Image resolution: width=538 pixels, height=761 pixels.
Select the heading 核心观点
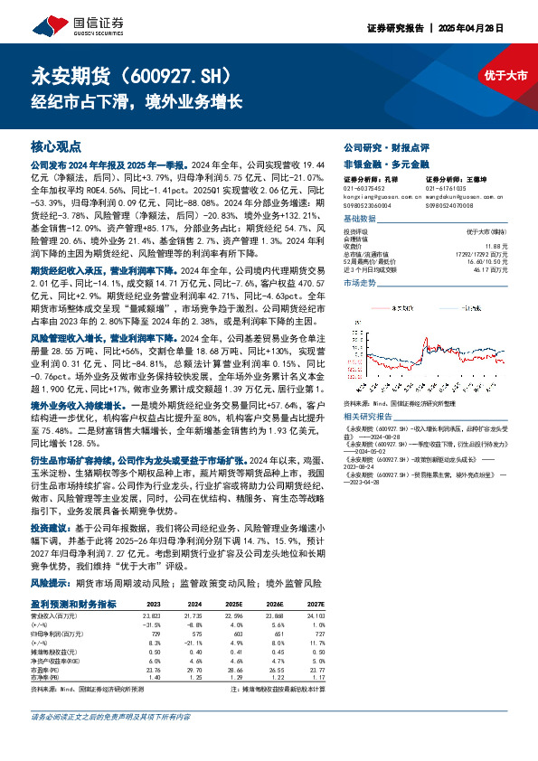tap(57, 146)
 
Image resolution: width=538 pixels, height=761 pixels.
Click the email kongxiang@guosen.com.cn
tap(376, 194)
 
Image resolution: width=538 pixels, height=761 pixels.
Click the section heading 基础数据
tap(362, 220)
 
